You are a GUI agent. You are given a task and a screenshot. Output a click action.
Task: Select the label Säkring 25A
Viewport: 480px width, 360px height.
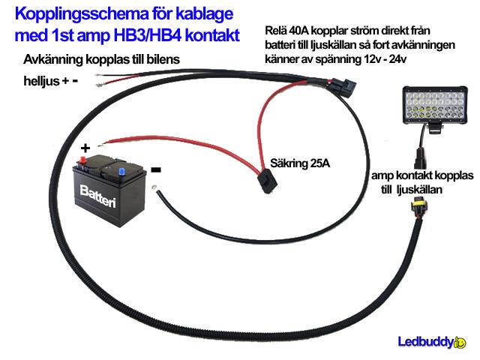click(300, 161)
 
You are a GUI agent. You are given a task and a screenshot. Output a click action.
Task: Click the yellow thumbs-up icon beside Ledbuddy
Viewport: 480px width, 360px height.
click(460, 343)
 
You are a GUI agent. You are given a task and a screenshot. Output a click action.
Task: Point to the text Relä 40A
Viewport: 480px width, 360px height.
click(292, 32)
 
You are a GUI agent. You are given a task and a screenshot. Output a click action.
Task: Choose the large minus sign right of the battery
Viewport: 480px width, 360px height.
click(155, 170)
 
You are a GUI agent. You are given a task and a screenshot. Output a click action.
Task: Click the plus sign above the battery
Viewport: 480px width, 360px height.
click(85, 148)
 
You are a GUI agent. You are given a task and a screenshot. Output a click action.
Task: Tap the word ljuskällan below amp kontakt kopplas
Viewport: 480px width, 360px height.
click(415, 190)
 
